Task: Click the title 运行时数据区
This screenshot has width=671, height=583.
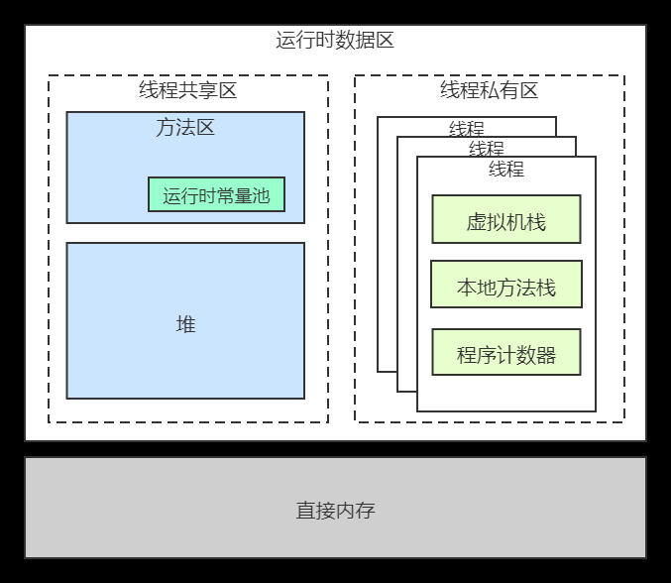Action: point(335,42)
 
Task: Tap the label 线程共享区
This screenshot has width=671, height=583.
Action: point(187,91)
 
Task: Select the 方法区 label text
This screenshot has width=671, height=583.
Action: point(185,128)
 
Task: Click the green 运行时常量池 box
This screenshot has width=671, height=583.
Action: point(216,194)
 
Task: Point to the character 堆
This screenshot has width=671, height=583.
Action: point(185,324)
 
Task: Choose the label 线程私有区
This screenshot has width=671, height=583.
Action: point(489,91)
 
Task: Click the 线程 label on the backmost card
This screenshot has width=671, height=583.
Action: point(467,129)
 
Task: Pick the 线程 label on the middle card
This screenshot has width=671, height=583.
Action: point(487,149)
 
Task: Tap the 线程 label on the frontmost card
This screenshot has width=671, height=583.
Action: point(506,169)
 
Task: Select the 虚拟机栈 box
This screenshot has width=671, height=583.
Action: point(505,219)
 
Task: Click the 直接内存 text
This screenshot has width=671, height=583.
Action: point(335,512)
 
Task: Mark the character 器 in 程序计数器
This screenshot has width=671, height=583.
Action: point(545,355)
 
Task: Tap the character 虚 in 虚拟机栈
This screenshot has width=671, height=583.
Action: point(476,222)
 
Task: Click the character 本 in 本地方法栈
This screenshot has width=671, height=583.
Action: point(466,289)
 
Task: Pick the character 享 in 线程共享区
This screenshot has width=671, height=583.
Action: point(207,91)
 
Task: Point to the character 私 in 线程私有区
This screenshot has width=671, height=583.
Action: point(489,91)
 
